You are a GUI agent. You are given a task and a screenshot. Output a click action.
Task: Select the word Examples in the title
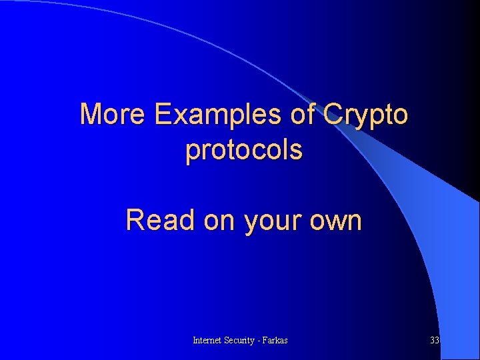(219, 114)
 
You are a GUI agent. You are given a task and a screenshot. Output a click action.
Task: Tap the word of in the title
(303, 114)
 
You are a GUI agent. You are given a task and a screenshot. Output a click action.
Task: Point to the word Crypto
(365, 115)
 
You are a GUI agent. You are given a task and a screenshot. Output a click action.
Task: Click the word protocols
(244, 151)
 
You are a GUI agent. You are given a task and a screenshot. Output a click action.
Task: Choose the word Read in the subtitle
(160, 220)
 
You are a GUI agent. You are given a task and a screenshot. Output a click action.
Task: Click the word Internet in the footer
(207, 340)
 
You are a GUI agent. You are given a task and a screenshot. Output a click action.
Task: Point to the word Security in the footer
(242, 340)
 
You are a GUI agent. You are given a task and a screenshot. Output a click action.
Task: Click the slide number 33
(435, 340)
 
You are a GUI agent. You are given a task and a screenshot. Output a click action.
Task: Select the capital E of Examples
(162, 114)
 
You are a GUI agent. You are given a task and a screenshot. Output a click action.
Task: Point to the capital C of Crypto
(331, 114)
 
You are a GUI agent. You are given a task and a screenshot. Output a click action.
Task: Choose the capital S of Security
(227, 340)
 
